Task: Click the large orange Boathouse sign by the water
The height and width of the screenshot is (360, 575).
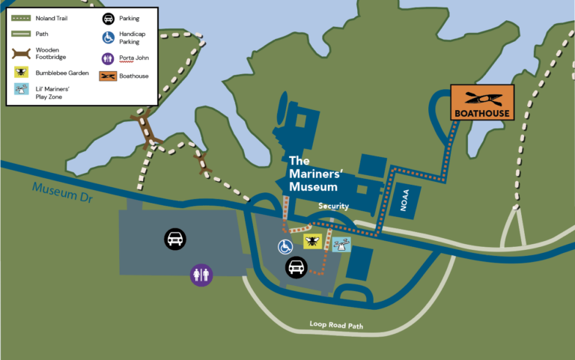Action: (481, 103)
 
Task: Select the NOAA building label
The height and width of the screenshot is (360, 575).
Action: (405, 201)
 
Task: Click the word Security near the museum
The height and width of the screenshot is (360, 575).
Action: (333, 206)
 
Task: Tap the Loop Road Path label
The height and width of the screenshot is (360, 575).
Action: (336, 325)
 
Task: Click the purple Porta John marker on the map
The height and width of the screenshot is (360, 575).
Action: (201, 275)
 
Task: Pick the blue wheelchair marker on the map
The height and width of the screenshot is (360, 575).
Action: (285, 245)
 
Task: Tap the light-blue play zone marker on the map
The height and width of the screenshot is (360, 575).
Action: (341, 243)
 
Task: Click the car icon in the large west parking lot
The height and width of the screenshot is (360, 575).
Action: (175, 240)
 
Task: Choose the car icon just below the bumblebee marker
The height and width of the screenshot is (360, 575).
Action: (296, 267)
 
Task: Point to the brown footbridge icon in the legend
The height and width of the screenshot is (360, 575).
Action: (22, 53)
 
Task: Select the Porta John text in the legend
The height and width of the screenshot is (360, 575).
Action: (134, 57)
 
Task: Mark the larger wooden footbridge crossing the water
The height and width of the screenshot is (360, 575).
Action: (147, 131)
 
